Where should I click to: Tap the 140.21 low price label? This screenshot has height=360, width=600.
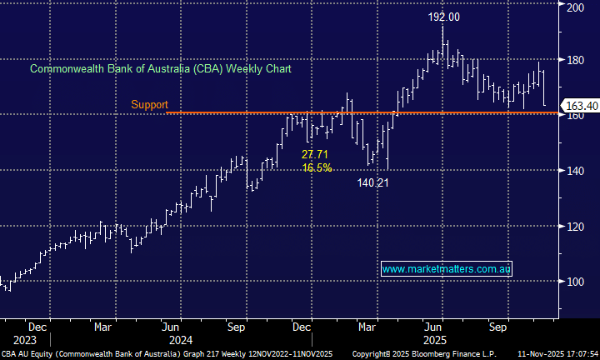[x=372, y=182]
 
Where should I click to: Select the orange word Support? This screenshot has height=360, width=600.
[x=150, y=105]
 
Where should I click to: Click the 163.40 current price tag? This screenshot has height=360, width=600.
[x=582, y=107]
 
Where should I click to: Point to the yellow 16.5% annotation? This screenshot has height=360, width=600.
[x=317, y=167]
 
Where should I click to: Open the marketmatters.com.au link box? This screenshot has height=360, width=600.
[x=447, y=269]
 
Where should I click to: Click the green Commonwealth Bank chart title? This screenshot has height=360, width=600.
[x=161, y=68]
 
